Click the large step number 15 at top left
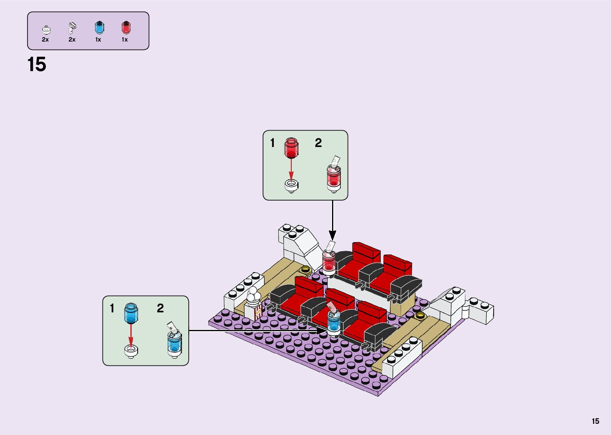pyautogui.click(x=37, y=65)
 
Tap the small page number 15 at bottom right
pyautogui.click(x=595, y=421)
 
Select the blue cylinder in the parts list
pyautogui.click(x=99, y=28)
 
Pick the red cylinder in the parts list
pyautogui.click(x=126, y=28)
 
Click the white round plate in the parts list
pyautogui.click(x=46, y=30)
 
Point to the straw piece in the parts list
pyautogui.click(x=72, y=28)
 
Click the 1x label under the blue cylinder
pyautogui.click(x=98, y=40)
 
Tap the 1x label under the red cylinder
pyautogui.click(x=125, y=40)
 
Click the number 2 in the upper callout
pyautogui.click(x=318, y=143)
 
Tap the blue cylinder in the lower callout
pyautogui.click(x=131, y=313)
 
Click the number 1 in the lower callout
pyautogui.click(x=112, y=308)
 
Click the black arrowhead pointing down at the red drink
pyautogui.click(x=332, y=235)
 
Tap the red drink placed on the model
pyautogui.click(x=329, y=261)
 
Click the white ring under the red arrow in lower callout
pyautogui.click(x=131, y=351)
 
